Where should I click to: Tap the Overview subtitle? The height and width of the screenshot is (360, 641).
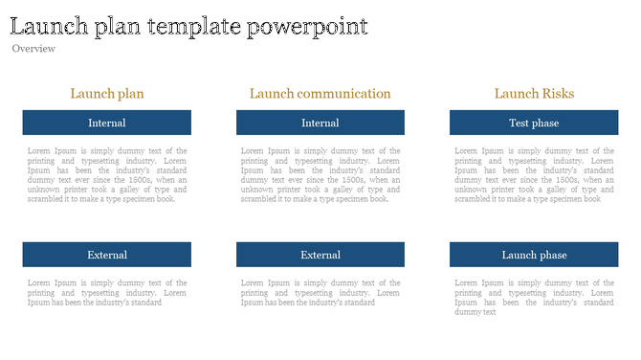tap(33, 49)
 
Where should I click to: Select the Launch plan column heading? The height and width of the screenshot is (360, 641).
tap(107, 94)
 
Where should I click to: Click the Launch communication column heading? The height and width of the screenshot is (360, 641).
tap(320, 94)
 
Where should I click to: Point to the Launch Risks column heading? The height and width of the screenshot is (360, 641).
tap(534, 94)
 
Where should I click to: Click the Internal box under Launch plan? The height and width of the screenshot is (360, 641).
tap(107, 123)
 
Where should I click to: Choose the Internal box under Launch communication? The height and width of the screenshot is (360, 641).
tap(320, 123)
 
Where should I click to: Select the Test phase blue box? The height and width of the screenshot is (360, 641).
tap(534, 123)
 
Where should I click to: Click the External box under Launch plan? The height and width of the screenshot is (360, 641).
tap(107, 255)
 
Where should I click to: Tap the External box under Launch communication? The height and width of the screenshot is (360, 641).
tap(320, 255)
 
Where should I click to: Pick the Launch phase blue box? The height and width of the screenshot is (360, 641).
tap(534, 255)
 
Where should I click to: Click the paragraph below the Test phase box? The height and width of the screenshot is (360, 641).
tap(534, 175)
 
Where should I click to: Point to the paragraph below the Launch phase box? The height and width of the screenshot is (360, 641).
tap(534, 297)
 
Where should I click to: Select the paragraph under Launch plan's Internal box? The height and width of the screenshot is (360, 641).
tap(107, 175)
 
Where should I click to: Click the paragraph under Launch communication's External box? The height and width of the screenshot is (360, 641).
tap(320, 292)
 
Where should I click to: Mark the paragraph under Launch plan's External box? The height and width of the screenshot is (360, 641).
tap(107, 292)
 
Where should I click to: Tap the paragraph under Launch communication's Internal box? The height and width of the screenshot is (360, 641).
tap(320, 175)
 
